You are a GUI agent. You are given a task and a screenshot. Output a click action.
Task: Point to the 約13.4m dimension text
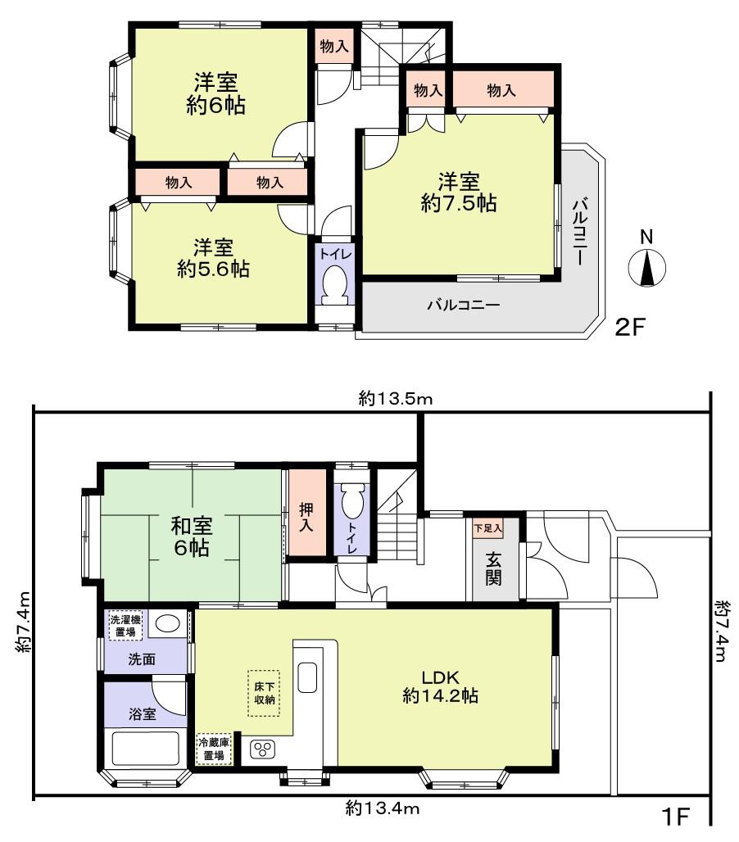(x=382, y=809)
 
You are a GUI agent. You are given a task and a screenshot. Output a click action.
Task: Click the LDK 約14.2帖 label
(x=440, y=686)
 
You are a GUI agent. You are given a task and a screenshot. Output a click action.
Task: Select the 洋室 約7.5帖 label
(x=458, y=192)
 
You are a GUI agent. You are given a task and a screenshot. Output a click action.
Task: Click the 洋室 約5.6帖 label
(x=213, y=258)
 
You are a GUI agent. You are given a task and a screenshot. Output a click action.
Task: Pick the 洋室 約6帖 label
(x=215, y=94)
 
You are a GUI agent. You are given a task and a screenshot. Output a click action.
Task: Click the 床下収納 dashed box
(x=263, y=693)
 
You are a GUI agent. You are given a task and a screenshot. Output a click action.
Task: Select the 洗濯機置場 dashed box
(x=125, y=626)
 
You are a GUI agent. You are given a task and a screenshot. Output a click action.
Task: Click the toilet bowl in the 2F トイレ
(x=334, y=283)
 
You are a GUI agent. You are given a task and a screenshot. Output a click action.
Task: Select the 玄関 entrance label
(x=495, y=569)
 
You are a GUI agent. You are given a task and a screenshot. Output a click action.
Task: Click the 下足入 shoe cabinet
(x=487, y=528)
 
